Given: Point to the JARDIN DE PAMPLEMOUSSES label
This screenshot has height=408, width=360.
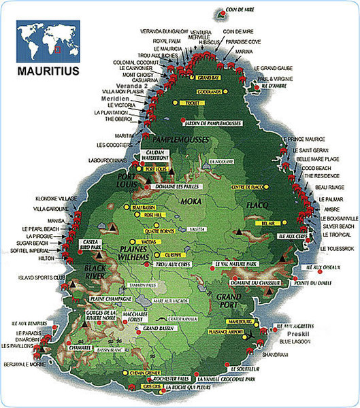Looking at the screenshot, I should pos(214,122).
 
